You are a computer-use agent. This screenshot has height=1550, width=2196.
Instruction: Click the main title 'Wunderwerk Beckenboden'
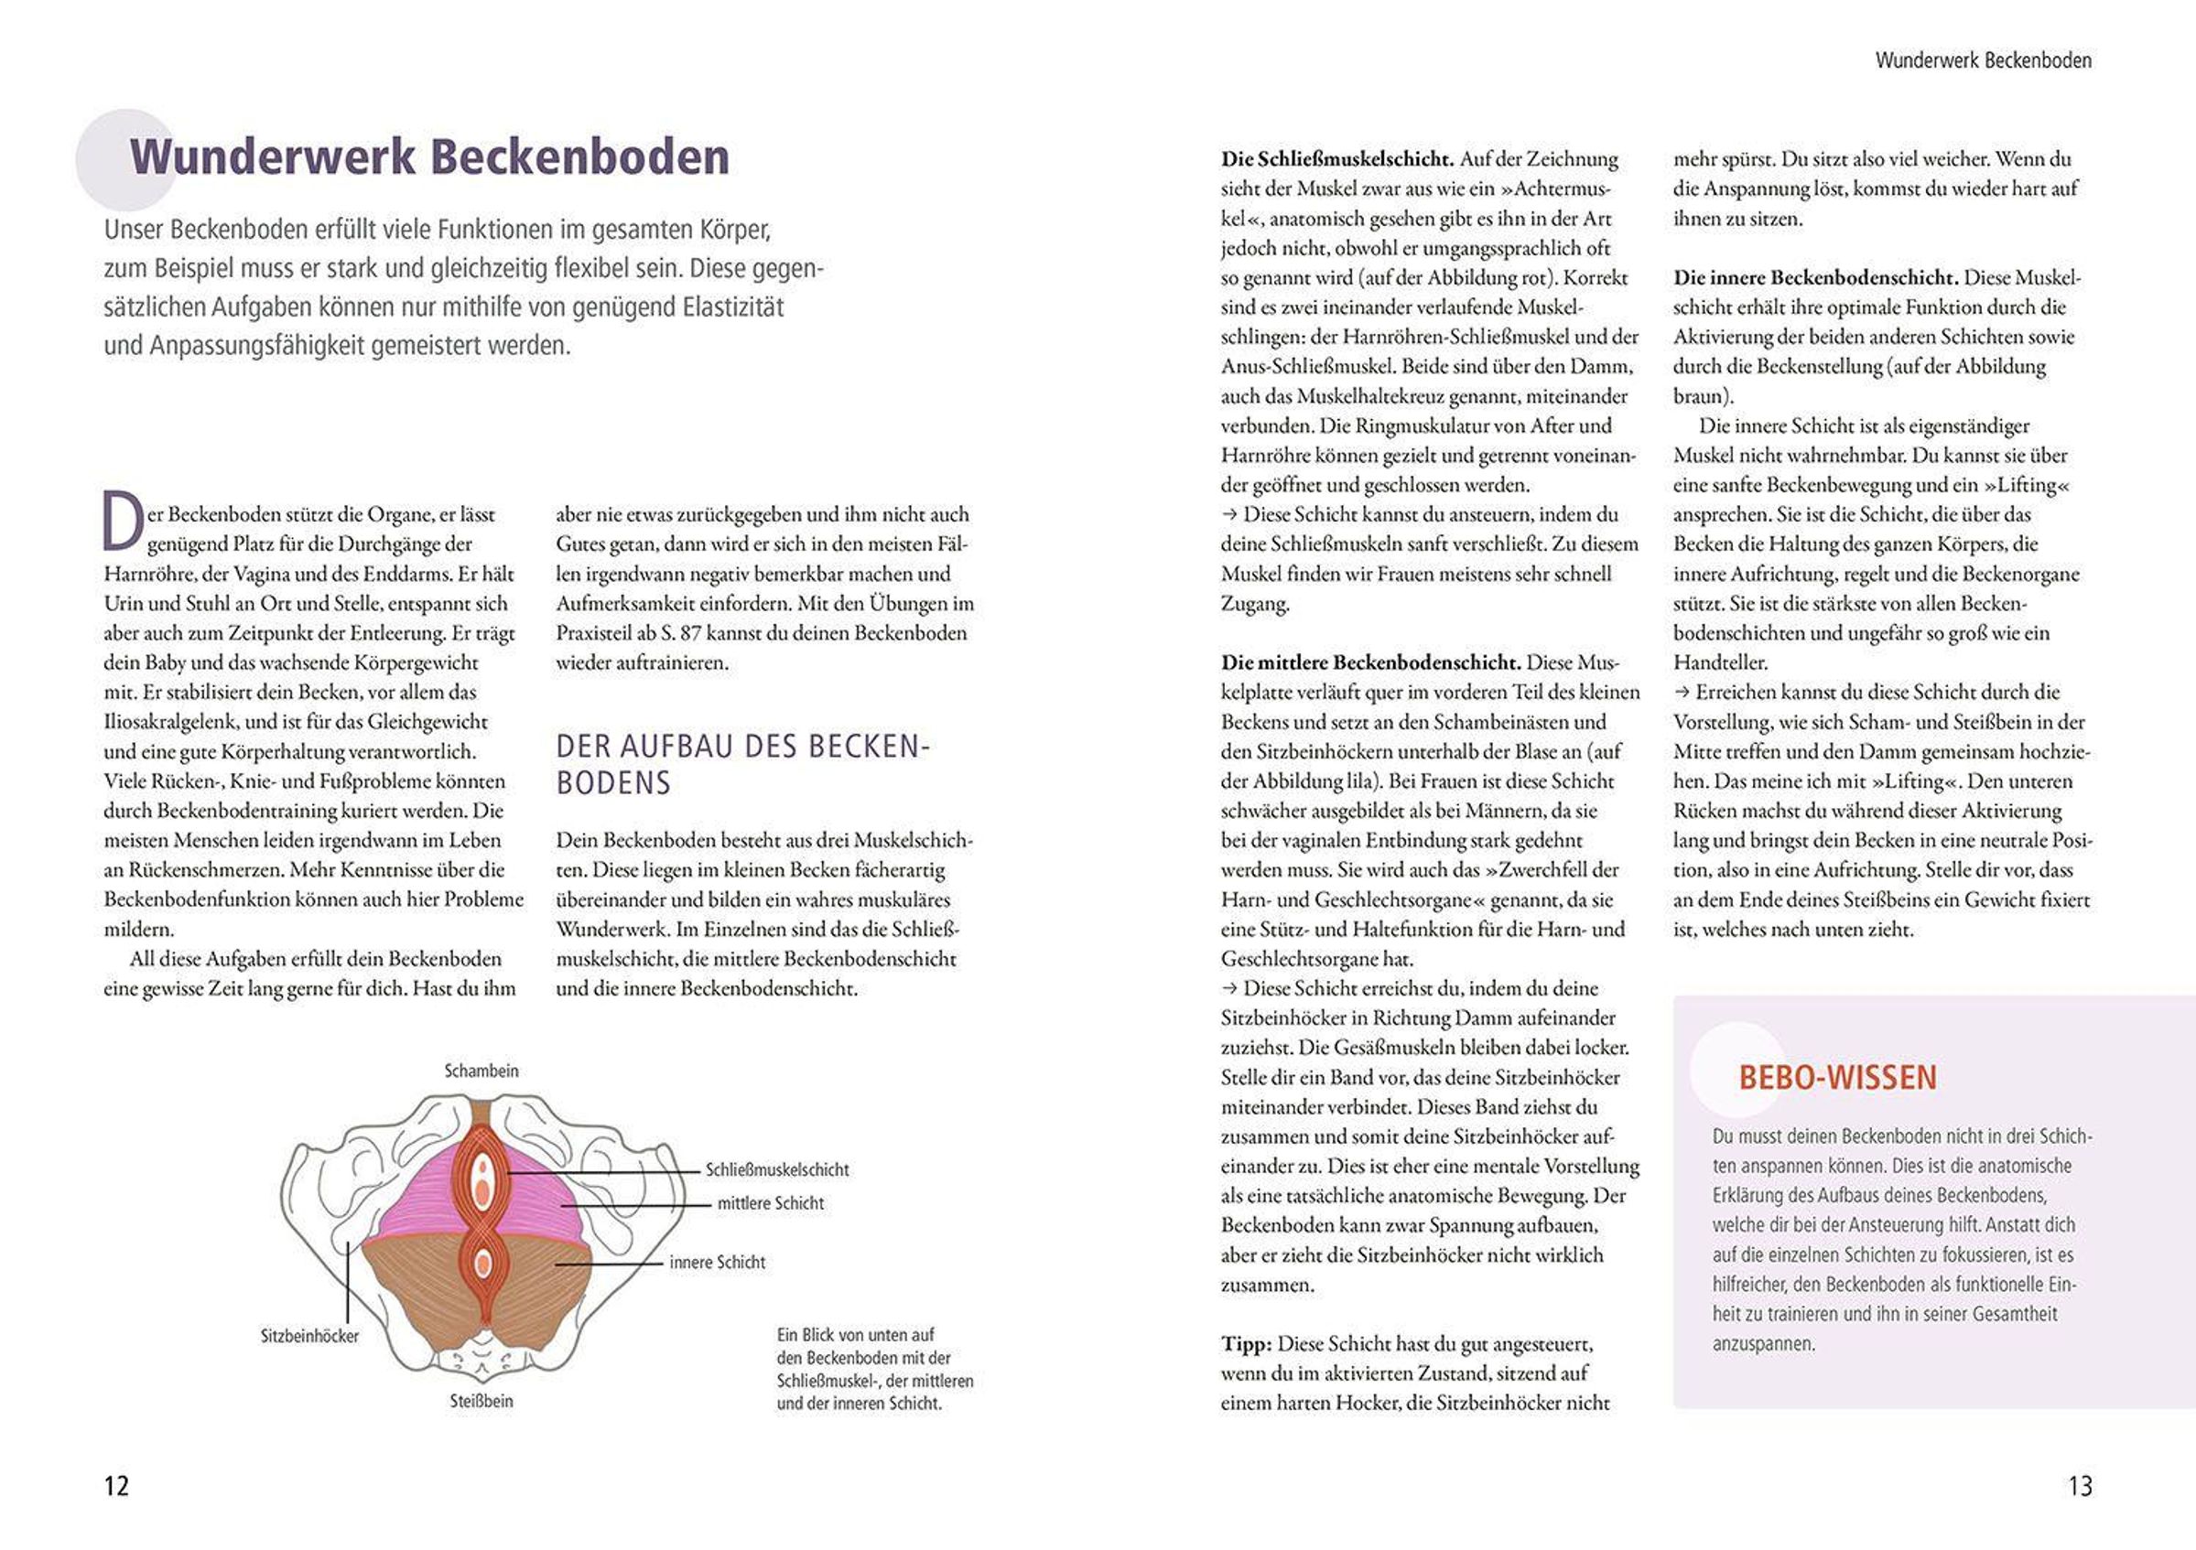click(429, 157)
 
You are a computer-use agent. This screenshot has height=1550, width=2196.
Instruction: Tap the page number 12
click(115, 1485)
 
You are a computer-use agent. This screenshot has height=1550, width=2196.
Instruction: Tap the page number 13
click(2081, 1485)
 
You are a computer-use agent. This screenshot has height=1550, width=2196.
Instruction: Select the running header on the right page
click(1983, 60)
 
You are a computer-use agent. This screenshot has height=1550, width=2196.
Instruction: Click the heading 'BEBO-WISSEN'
click(1836, 1078)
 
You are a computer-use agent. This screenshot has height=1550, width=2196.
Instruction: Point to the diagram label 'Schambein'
click(481, 1071)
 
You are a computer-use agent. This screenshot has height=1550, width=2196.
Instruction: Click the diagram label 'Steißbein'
click(481, 1401)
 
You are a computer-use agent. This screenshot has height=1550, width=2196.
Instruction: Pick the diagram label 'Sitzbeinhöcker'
click(310, 1336)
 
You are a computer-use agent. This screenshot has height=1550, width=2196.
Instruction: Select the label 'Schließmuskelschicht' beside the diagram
click(776, 1169)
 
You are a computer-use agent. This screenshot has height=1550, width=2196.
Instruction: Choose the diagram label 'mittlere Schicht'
click(770, 1203)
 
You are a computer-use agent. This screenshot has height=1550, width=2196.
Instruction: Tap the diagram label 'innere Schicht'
click(718, 1262)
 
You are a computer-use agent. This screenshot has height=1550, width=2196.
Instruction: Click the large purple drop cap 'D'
click(123, 522)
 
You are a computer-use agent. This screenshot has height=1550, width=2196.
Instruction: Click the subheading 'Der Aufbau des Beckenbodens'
click(742, 764)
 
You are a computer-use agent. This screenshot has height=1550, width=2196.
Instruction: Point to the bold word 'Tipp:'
click(1245, 1343)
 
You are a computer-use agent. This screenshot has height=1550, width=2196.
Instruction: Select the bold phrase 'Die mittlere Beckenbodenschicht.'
click(1370, 662)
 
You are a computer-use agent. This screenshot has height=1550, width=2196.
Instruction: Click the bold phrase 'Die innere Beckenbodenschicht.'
click(1816, 278)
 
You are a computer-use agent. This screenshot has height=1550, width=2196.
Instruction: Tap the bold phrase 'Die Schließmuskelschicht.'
click(1337, 158)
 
